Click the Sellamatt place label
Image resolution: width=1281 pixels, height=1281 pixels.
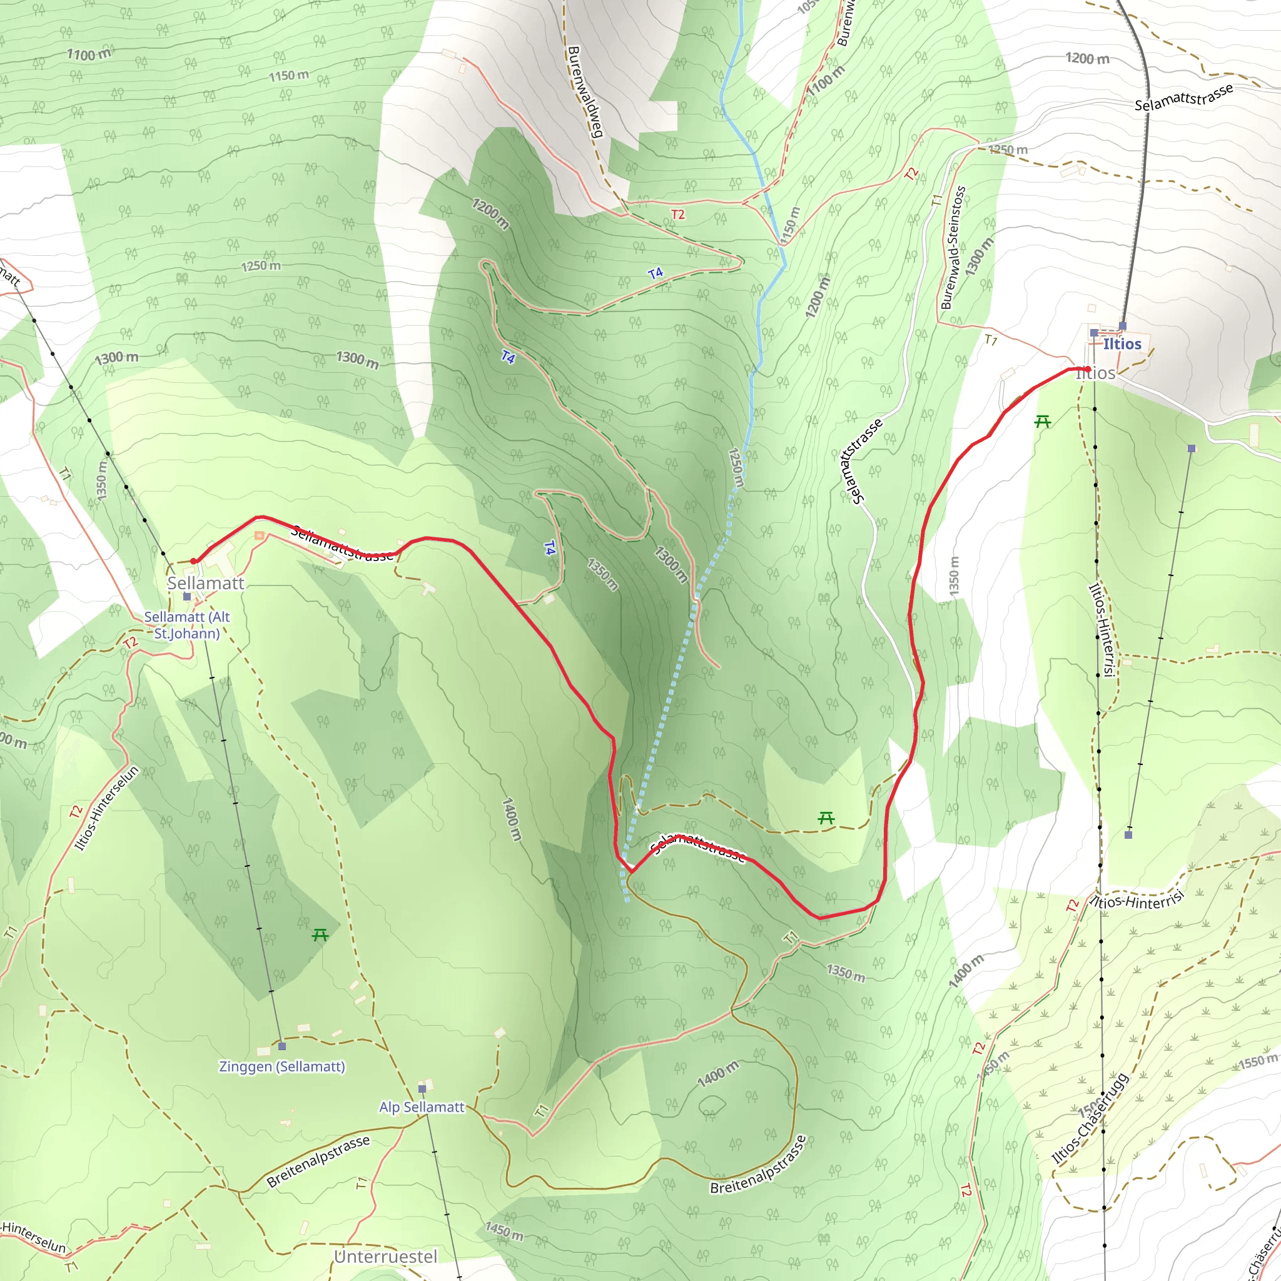coord(206,584)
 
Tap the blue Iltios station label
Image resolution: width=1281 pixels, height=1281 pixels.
coord(1122,343)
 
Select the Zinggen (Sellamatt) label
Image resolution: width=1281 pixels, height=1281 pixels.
coord(282,1066)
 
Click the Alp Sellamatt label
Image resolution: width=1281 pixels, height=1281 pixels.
coord(422,1106)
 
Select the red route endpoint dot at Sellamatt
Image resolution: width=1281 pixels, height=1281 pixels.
coord(194,561)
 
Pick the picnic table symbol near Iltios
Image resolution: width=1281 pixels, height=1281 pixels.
coord(1042,421)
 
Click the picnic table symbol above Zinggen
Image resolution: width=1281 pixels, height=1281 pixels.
coord(320,935)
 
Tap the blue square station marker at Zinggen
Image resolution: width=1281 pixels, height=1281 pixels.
coord(282,1046)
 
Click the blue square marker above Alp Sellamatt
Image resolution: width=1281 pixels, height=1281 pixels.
coord(422,1089)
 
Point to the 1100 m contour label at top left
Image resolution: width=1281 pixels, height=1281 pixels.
coord(89,54)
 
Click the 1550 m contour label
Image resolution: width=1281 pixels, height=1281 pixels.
coord(1256,1061)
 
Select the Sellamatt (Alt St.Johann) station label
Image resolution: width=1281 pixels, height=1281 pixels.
coord(187,625)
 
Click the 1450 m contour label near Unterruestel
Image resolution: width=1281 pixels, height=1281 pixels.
coord(504,1231)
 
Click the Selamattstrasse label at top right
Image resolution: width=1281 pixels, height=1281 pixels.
coord(1183,98)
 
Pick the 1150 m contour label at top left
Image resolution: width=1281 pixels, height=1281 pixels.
coord(288,76)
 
